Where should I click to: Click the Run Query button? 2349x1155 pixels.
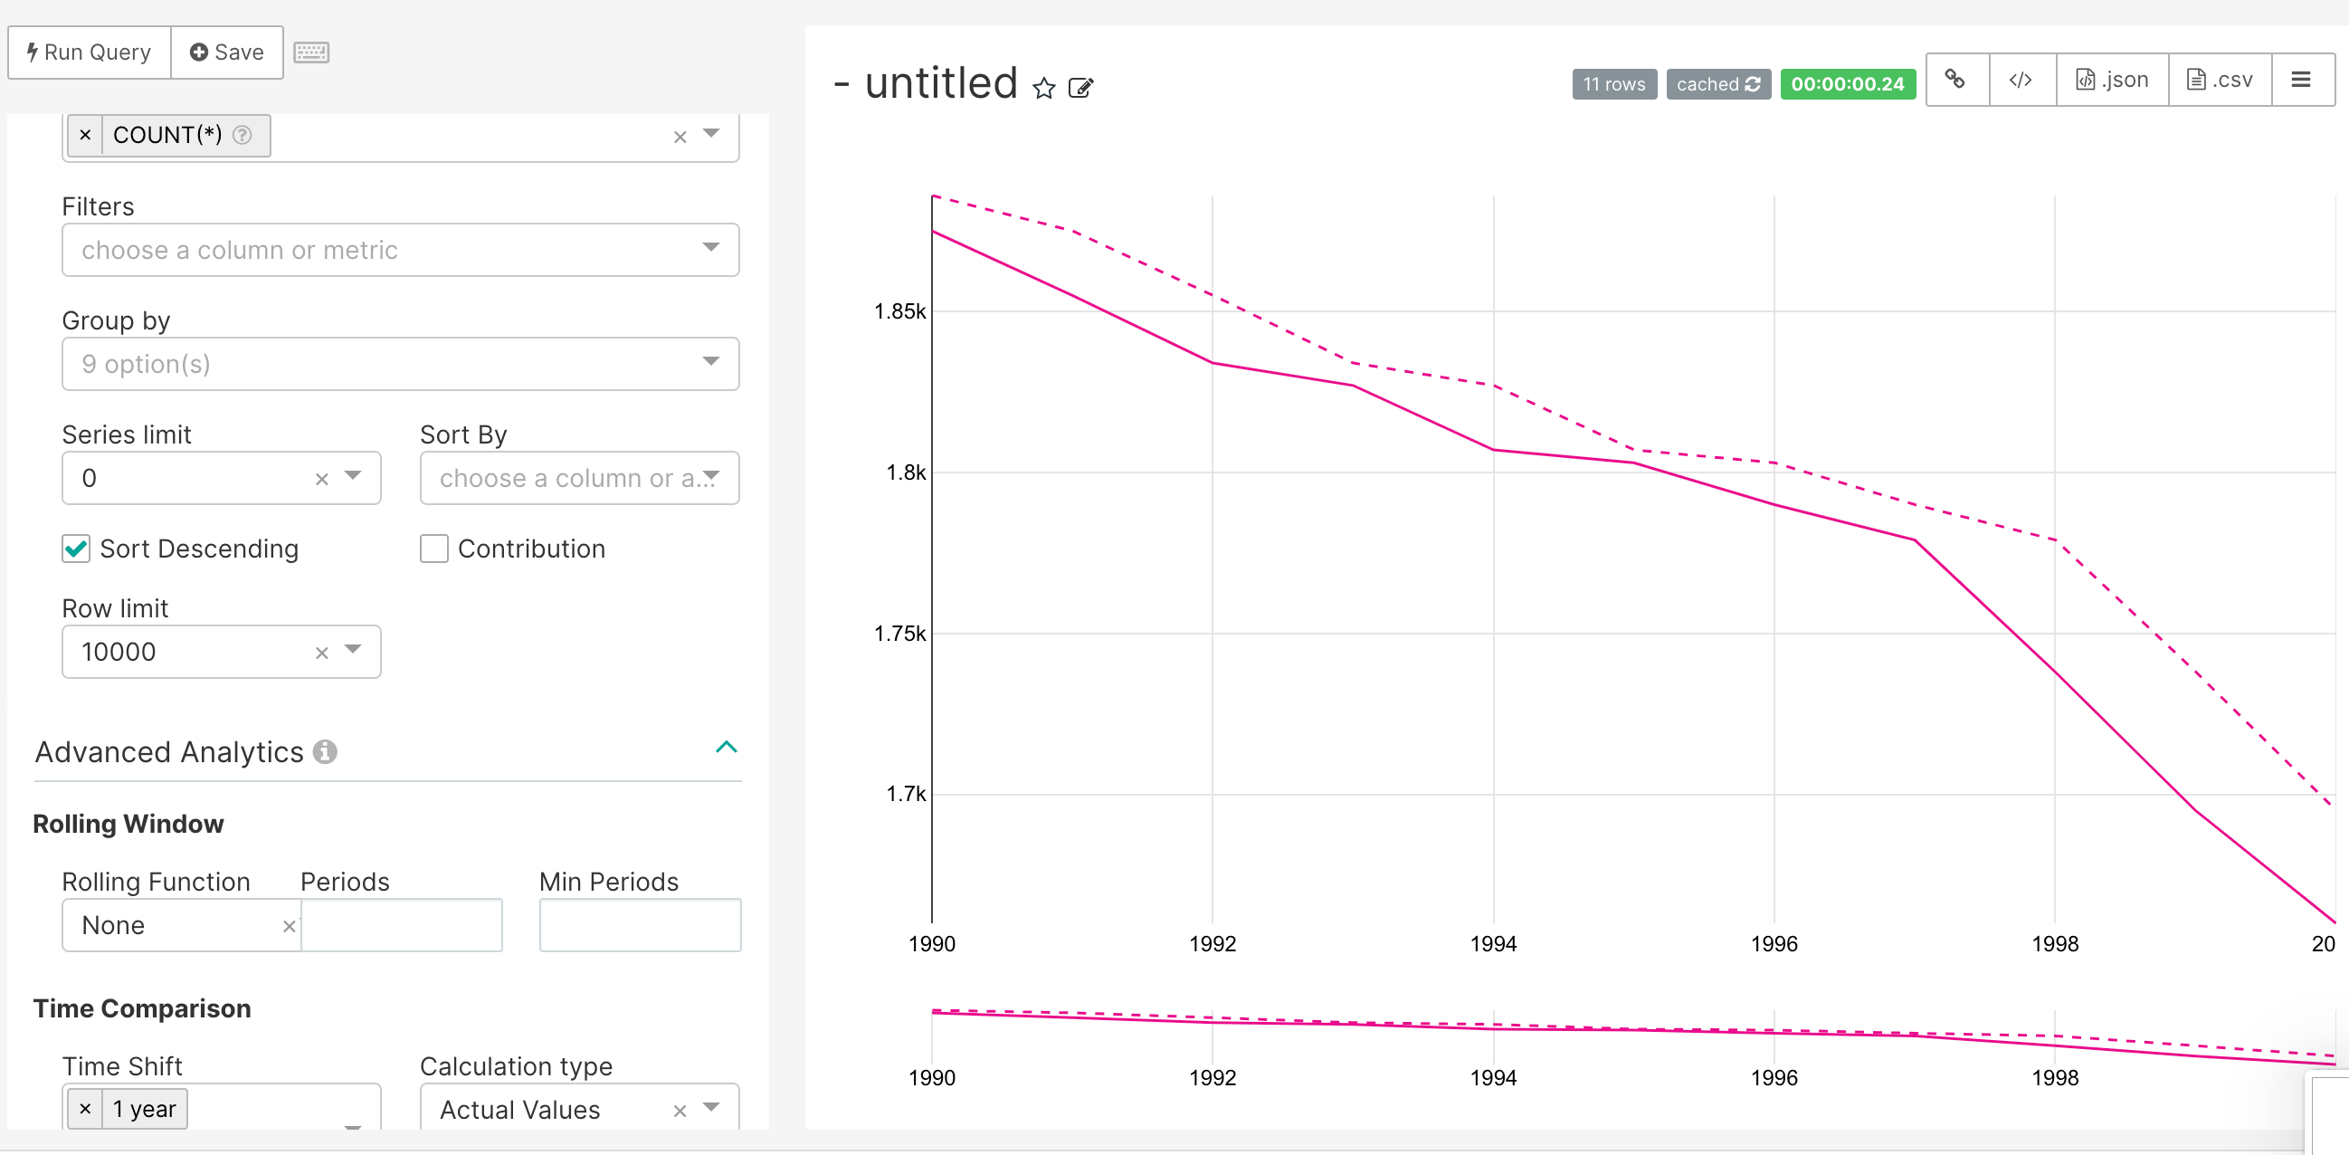click(x=90, y=52)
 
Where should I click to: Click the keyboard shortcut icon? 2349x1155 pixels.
click(x=311, y=52)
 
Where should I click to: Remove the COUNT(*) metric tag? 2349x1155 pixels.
click(x=86, y=135)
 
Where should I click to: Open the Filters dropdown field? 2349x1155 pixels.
click(x=399, y=250)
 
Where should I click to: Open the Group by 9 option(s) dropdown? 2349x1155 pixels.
click(x=399, y=364)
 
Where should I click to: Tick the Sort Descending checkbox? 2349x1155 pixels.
click(x=77, y=549)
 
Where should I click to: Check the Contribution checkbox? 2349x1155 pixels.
click(x=434, y=549)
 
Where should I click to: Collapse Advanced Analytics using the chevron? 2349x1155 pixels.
click(x=726, y=747)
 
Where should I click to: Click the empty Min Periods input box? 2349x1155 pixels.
click(x=639, y=925)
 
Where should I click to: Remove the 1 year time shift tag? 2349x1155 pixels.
click(x=86, y=1109)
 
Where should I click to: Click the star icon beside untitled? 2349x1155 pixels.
click(x=1043, y=88)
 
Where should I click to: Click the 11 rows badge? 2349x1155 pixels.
click(x=1613, y=84)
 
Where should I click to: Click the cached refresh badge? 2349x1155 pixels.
click(x=1718, y=84)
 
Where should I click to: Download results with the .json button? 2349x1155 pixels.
click(x=2112, y=81)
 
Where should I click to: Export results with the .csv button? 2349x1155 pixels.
click(x=2220, y=81)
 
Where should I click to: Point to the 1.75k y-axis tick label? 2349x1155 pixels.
click(x=899, y=633)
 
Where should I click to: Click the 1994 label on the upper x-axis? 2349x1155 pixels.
click(x=1493, y=943)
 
